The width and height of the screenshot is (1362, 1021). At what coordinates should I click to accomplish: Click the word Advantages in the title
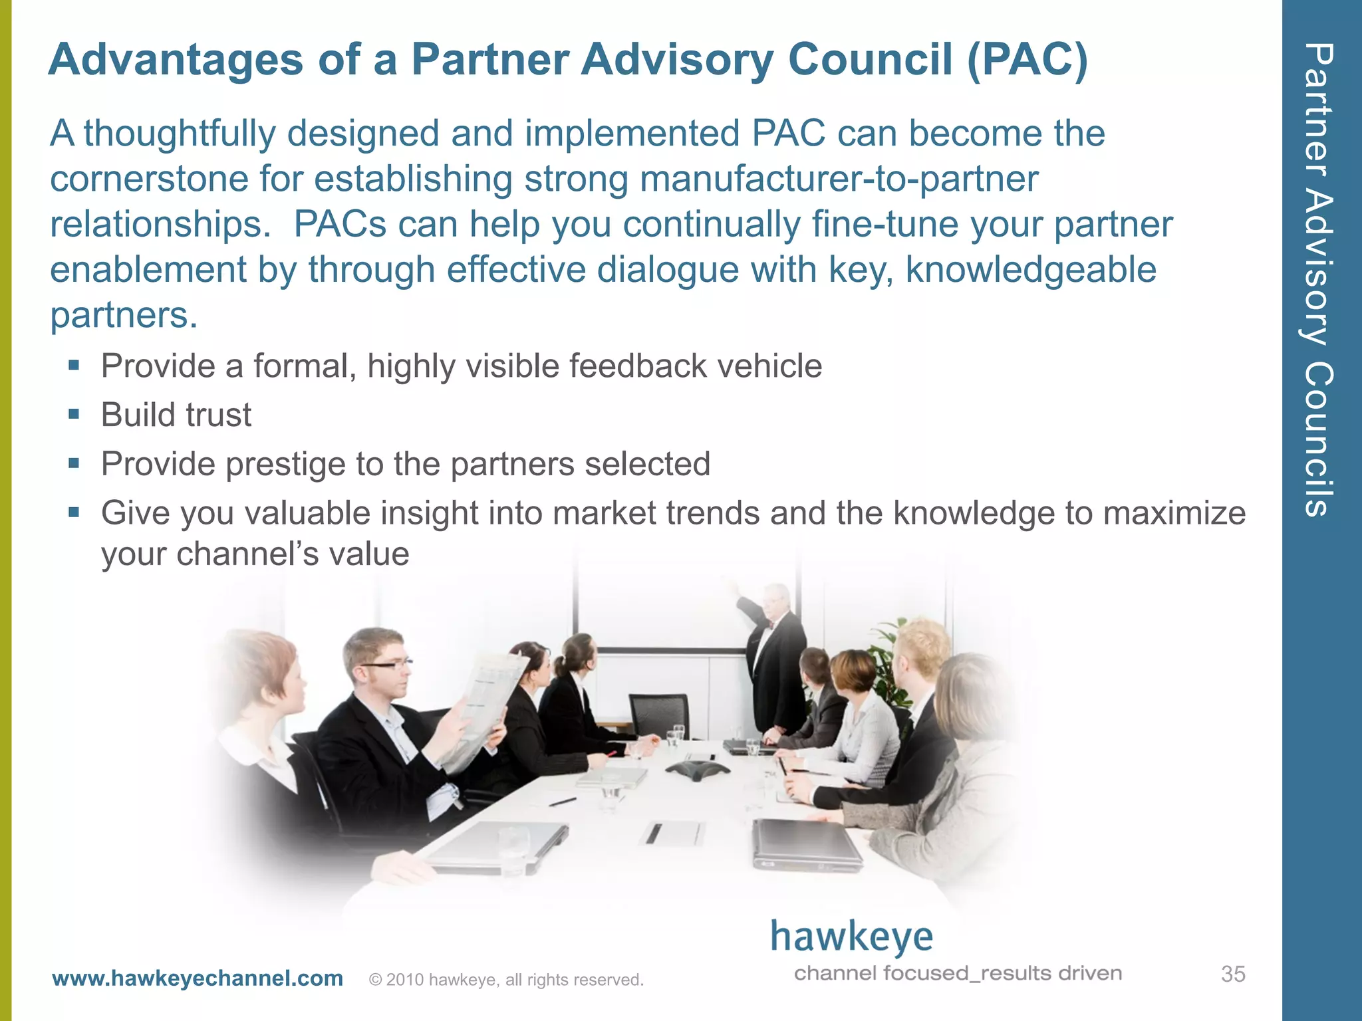point(176,60)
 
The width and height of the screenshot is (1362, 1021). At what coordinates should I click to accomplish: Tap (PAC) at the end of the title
point(1027,60)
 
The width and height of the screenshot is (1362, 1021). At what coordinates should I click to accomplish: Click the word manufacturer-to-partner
point(839,179)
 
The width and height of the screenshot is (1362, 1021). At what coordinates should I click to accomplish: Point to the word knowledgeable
point(1031,270)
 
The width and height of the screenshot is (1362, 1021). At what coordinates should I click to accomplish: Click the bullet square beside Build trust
point(74,415)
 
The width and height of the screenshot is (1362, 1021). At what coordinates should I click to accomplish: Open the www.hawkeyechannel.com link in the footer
point(198,978)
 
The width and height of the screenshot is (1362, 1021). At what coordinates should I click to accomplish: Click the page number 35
point(1232,974)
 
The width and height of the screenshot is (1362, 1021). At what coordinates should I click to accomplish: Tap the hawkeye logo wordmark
point(851,937)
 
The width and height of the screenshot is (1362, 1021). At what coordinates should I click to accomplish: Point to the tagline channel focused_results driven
point(958,974)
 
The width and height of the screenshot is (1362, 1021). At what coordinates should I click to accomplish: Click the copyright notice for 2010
point(506,980)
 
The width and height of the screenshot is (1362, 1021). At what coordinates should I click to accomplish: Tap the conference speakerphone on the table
point(698,771)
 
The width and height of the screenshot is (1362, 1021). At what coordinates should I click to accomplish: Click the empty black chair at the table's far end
point(659,715)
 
